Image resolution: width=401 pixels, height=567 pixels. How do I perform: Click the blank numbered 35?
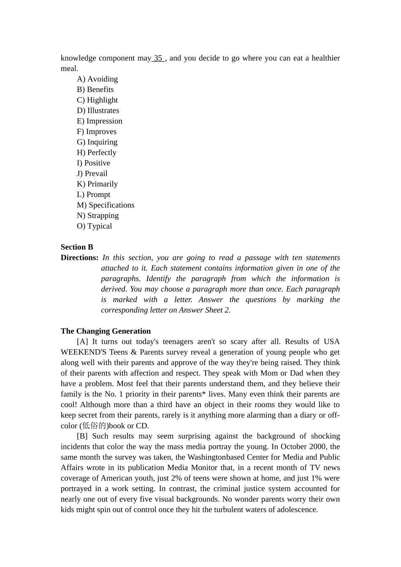(x=158, y=58)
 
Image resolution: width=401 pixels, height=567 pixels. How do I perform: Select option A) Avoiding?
(x=98, y=79)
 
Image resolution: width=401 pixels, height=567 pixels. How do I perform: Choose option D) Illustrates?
(x=98, y=111)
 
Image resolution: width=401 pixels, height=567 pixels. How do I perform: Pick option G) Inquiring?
(x=97, y=142)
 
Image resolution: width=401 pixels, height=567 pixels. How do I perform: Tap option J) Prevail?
(x=92, y=173)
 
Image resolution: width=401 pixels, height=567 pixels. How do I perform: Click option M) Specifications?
(x=106, y=205)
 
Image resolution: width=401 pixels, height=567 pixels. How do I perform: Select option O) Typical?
(x=95, y=226)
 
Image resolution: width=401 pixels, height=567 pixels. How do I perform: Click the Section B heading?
(x=77, y=247)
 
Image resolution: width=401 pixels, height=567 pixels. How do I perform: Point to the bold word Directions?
(x=79, y=258)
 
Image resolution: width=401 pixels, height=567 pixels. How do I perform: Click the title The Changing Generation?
(x=106, y=331)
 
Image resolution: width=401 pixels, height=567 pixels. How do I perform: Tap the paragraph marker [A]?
(x=82, y=342)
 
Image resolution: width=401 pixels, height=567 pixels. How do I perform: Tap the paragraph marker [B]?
(x=82, y=436)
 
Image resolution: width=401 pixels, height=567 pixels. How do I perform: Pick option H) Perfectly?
(x=97, y=153)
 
